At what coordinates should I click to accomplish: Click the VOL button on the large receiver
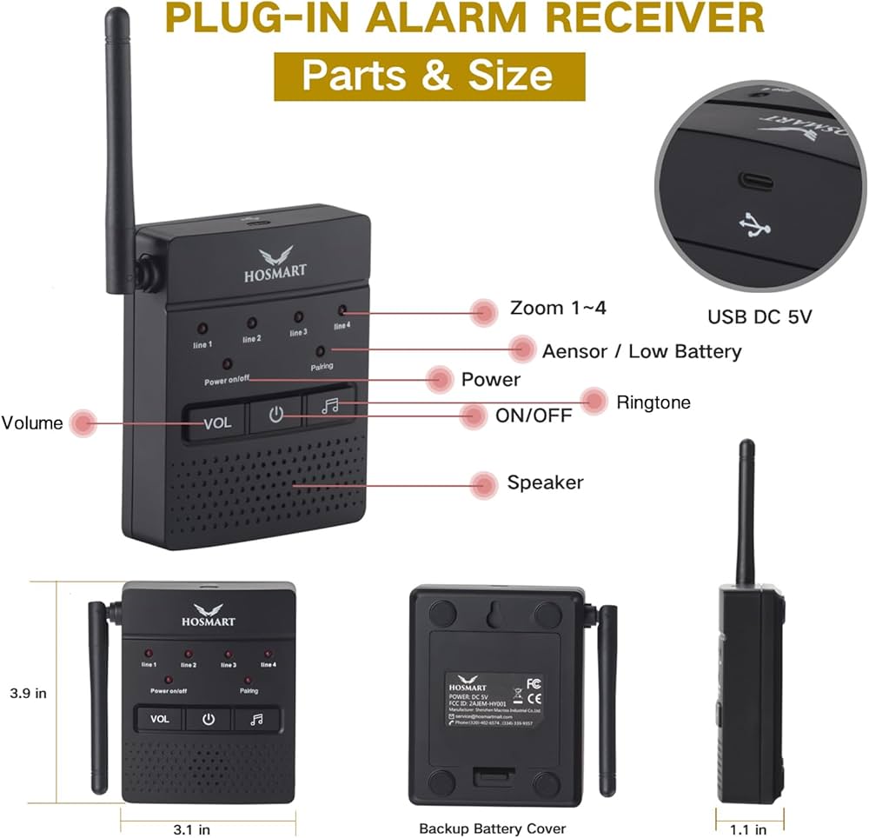(x=216, y=422)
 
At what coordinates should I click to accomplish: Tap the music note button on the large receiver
(x=328, y=406)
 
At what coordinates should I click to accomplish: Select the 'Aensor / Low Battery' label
(x=641, y=351)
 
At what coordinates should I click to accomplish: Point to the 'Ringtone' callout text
(x=653, y=402)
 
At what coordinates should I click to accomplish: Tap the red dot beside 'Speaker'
(x=484, y=484)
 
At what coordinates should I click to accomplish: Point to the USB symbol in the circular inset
(x=753, y=226)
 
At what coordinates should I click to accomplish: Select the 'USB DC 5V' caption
(x=759, y=316)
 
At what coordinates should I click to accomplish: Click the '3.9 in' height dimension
(x=27, y=694)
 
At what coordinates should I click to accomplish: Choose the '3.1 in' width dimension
(x=192, y=828)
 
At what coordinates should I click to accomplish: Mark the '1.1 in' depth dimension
(x=748, y=828)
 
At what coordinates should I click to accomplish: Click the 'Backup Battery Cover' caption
(x=492, y=828)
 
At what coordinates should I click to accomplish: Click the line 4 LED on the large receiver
(x=342, y=309)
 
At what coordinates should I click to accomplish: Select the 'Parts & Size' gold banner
(x=429, y=76)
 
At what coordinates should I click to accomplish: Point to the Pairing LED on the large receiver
(x=321, y=349)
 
